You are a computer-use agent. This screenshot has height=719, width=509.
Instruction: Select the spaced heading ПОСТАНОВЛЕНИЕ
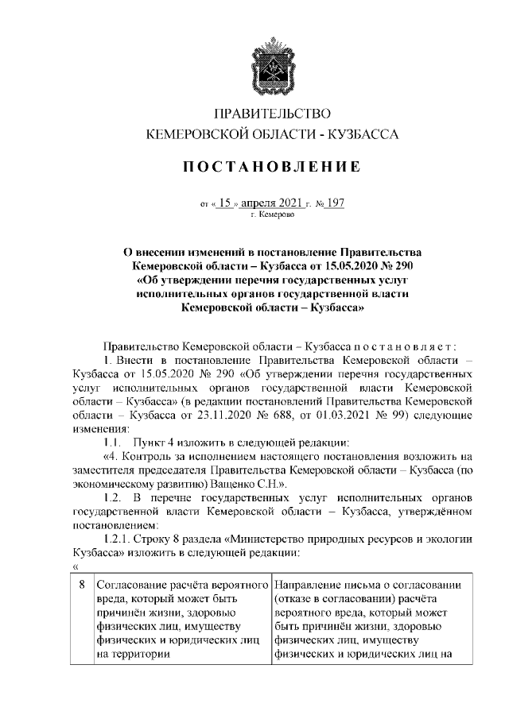point(273,168)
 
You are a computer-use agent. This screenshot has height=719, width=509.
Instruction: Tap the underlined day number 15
point(228,203)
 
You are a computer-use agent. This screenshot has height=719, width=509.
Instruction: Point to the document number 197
point(334,203)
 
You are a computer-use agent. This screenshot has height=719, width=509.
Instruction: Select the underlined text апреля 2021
point(274,203)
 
